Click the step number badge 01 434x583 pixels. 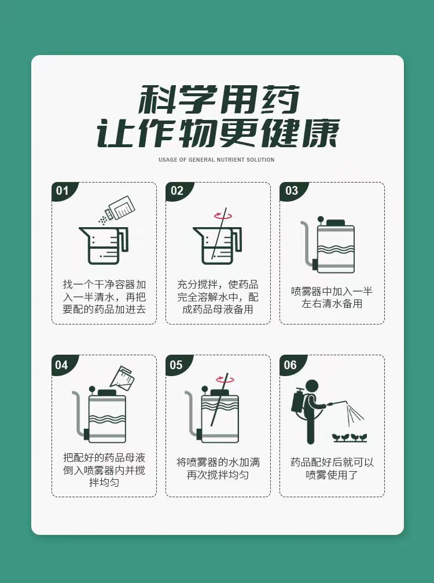coord(63,191)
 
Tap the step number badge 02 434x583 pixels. coord(178,191)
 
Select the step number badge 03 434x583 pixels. coord(292,191)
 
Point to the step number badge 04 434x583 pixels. coord(62,365)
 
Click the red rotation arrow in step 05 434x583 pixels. coord(225,379)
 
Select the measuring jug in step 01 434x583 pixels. coord(104,245)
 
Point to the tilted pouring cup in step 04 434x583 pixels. coord(122,378)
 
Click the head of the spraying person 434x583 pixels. coord(312,387)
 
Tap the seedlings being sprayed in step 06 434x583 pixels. coord(350,438)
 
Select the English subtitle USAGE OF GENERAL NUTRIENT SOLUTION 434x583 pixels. coord(216,160)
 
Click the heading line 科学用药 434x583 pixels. coord(219,99)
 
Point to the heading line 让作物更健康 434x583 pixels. coord(218,133)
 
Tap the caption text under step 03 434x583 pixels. coord(332,297)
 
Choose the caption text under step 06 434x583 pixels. coord(332,468)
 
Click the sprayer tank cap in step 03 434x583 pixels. coord(335,223)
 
